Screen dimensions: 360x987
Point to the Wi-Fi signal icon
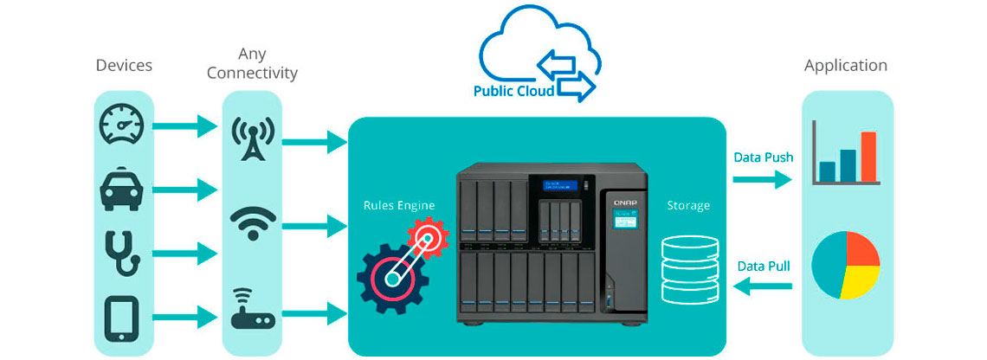253,224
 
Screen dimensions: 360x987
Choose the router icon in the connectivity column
253,312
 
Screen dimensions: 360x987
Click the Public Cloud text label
514,89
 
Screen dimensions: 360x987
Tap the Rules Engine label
399,206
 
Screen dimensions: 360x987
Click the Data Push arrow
762,179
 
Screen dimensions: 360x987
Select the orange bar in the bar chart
868,156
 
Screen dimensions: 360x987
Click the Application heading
845,66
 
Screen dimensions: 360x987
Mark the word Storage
688,206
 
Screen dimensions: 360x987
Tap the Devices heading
124,66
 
